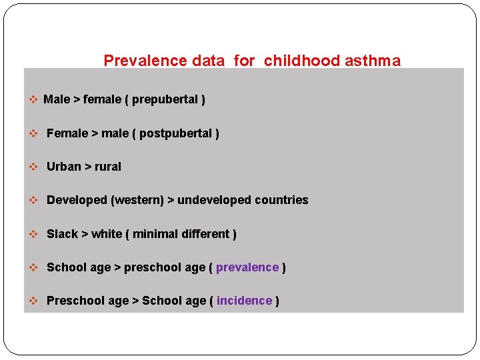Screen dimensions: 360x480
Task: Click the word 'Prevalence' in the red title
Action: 145,61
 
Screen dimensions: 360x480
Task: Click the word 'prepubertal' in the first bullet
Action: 165,100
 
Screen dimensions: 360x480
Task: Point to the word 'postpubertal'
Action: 175,133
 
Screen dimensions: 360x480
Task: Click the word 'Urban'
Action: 63,167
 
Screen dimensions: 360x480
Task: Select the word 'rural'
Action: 107,167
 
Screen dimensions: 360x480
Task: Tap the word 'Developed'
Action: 77,200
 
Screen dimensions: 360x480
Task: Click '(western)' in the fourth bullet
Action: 137,200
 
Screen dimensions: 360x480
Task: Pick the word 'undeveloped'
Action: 217,200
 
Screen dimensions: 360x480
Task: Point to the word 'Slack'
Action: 62,234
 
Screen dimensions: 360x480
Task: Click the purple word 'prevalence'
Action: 247,267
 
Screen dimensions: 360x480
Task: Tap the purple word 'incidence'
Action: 244,301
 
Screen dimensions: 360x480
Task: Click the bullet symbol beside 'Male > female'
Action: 33,100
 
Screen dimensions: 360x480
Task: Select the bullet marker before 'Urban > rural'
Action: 33,167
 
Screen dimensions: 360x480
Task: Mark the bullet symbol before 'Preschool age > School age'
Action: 33,301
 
